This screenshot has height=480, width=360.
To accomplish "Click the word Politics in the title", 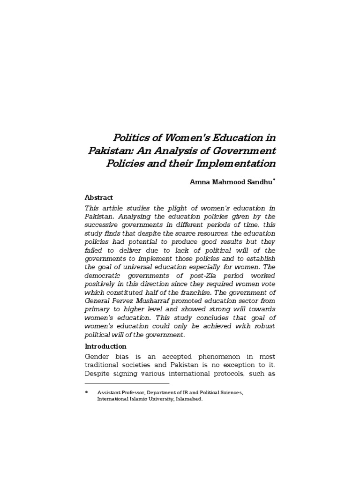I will pyautogui.click(x=130, y=138).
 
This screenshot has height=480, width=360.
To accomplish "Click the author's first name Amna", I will pyautogui.click(x=198, y=182).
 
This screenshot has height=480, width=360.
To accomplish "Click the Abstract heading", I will pyautogui.click(x=99, y=197).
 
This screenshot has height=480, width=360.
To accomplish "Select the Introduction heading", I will pyautogui.click(x=105, y=346).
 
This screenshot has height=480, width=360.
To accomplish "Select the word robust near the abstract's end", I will pyautogui.click(x=263, y=326).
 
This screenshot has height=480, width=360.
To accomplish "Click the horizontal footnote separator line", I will pyautogui.click(x=127, y=383).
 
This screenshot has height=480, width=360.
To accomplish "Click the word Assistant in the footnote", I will pyautogui.click(x=109, y=392).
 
